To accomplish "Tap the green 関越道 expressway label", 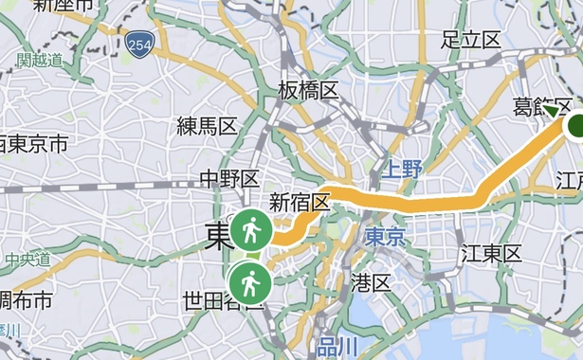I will point(40,60).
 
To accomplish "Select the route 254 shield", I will point(140,44).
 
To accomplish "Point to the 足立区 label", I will point(471,40).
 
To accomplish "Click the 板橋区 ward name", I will point(309,90).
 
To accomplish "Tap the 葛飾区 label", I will point(541,106).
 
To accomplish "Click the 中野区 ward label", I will point(228,177).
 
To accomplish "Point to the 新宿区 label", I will point(300,202).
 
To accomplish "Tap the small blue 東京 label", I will point(385,235).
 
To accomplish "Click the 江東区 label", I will point(491,253).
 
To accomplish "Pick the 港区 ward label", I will point(371,282).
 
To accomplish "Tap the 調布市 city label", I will point(27,300).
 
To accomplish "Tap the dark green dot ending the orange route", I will point(576,126).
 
